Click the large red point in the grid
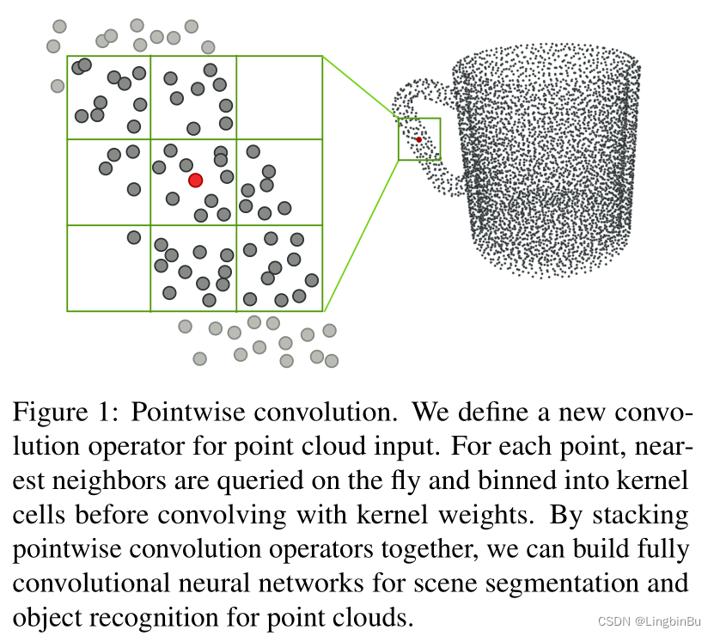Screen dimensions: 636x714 pyautogui.click(x=195, y=180)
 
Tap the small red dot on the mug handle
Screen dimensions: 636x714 pyautogui.click(x=419, y=139)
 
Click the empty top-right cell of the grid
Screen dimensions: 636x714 pyautogui.click(x=279, y=97)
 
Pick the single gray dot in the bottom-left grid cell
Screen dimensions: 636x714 pyautogui.click(x=134, y=237)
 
